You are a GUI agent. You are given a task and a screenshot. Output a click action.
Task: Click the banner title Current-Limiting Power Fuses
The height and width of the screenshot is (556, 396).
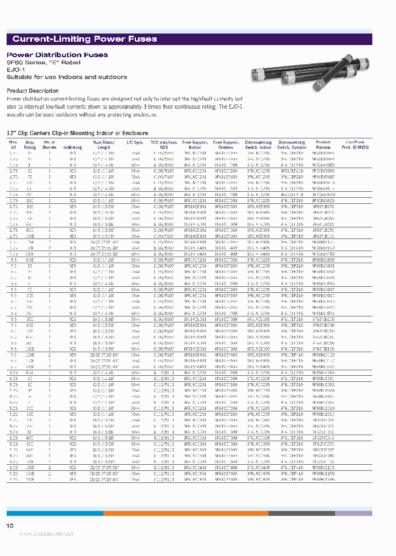pyautogui.click(x=84, y=39)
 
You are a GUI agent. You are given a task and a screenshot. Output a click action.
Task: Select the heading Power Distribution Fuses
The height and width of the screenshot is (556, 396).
pyautogui.click(x=57, y=55)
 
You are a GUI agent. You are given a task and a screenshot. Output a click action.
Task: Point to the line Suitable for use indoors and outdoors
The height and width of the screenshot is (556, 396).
pyautogui.click(x=67, y=77)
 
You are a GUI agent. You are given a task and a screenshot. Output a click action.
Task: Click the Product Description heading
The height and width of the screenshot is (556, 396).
pyautogui.click(x=32, y=91)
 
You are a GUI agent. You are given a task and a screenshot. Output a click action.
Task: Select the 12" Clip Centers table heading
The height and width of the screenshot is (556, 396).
pyautogui.click(x=77, y=133)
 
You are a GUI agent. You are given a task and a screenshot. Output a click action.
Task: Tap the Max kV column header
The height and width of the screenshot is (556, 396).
pyautogui.click(x=13, y=144)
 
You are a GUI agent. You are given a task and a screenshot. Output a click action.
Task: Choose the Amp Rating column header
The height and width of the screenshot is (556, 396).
pyautogui.click(x=30, y=144)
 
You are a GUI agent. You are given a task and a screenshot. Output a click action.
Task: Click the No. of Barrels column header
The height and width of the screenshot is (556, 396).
pyautogui.click(x=50, y=144)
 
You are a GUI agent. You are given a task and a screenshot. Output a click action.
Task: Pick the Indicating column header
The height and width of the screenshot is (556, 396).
pyautogui.click(x=73, y=147)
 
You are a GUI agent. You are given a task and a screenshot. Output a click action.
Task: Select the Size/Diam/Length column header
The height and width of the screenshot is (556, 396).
pyautogui.click(x=105, y=144)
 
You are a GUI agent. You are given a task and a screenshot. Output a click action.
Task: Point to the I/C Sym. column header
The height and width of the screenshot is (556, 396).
pyautogui.click(x=134, y=142)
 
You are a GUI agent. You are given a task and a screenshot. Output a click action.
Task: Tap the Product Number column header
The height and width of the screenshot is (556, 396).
pyautogui.click(x=323, y=144)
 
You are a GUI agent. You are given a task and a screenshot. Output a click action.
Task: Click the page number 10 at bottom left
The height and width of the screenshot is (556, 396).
pyautogui.click(x=9, y=526)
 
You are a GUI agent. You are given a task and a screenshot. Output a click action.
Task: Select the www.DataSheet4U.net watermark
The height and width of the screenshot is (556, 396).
pyautogui.click(x=38, y=534)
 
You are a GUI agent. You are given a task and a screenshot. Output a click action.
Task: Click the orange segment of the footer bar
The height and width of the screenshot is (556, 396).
pyautogui.click(x=185, y=513)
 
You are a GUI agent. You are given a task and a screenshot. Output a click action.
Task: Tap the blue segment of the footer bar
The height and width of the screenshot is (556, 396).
pyautogui.click(x=54, y=513)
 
